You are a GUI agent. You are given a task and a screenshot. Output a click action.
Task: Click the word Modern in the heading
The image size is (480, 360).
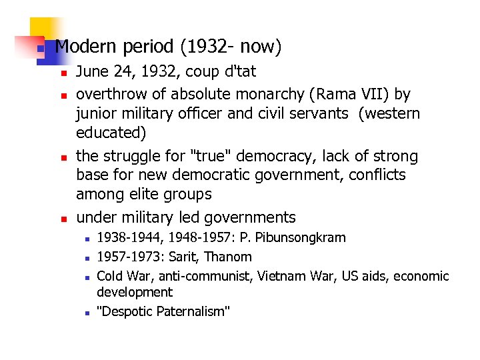click(85, 47)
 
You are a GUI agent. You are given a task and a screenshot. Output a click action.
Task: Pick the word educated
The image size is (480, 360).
click(110, 133)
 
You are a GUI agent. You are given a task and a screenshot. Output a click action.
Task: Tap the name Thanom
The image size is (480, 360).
click(229, 257)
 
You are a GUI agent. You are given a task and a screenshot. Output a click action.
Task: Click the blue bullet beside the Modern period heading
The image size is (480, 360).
click(40, 49)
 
